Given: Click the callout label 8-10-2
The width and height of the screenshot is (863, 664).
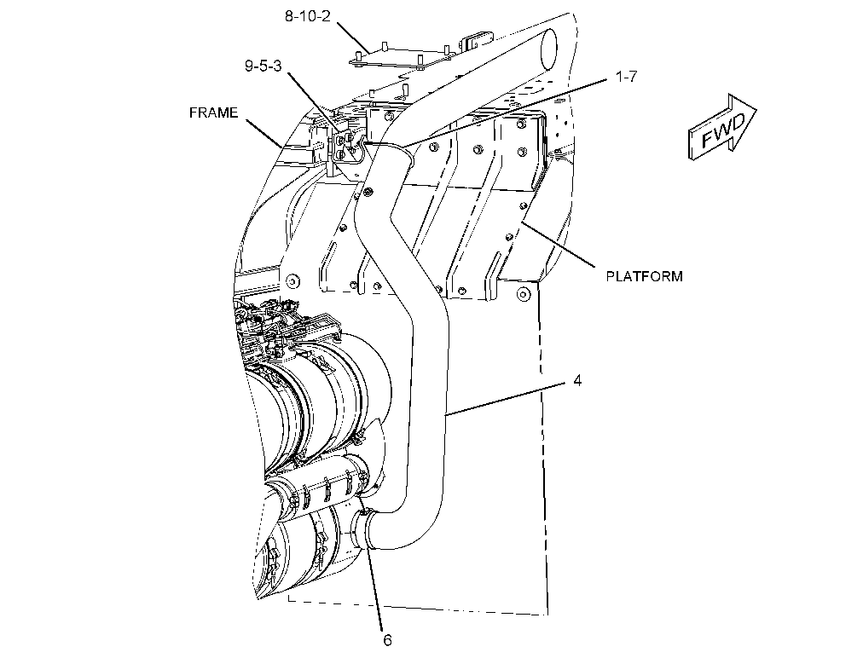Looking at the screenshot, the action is [x=307, y=16].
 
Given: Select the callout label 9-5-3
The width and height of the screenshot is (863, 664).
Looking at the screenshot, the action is [x=263, y=66].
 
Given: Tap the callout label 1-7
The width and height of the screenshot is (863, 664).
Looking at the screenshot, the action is [x=626, y=77].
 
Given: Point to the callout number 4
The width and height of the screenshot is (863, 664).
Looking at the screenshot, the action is [x=576, y=380].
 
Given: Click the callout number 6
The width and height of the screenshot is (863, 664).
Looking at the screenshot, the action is [x=387, y=640].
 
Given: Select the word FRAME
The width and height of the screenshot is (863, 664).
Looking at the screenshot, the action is [x=213, y=113].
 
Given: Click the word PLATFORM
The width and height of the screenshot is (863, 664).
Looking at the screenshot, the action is [x=644, y=276].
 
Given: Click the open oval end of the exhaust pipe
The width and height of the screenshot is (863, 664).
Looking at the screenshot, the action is [x=548, y=49].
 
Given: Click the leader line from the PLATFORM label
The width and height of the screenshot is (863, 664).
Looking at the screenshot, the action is [x=559, y=245].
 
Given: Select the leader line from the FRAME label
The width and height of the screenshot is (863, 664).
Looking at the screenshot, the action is [x=264, y=133].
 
